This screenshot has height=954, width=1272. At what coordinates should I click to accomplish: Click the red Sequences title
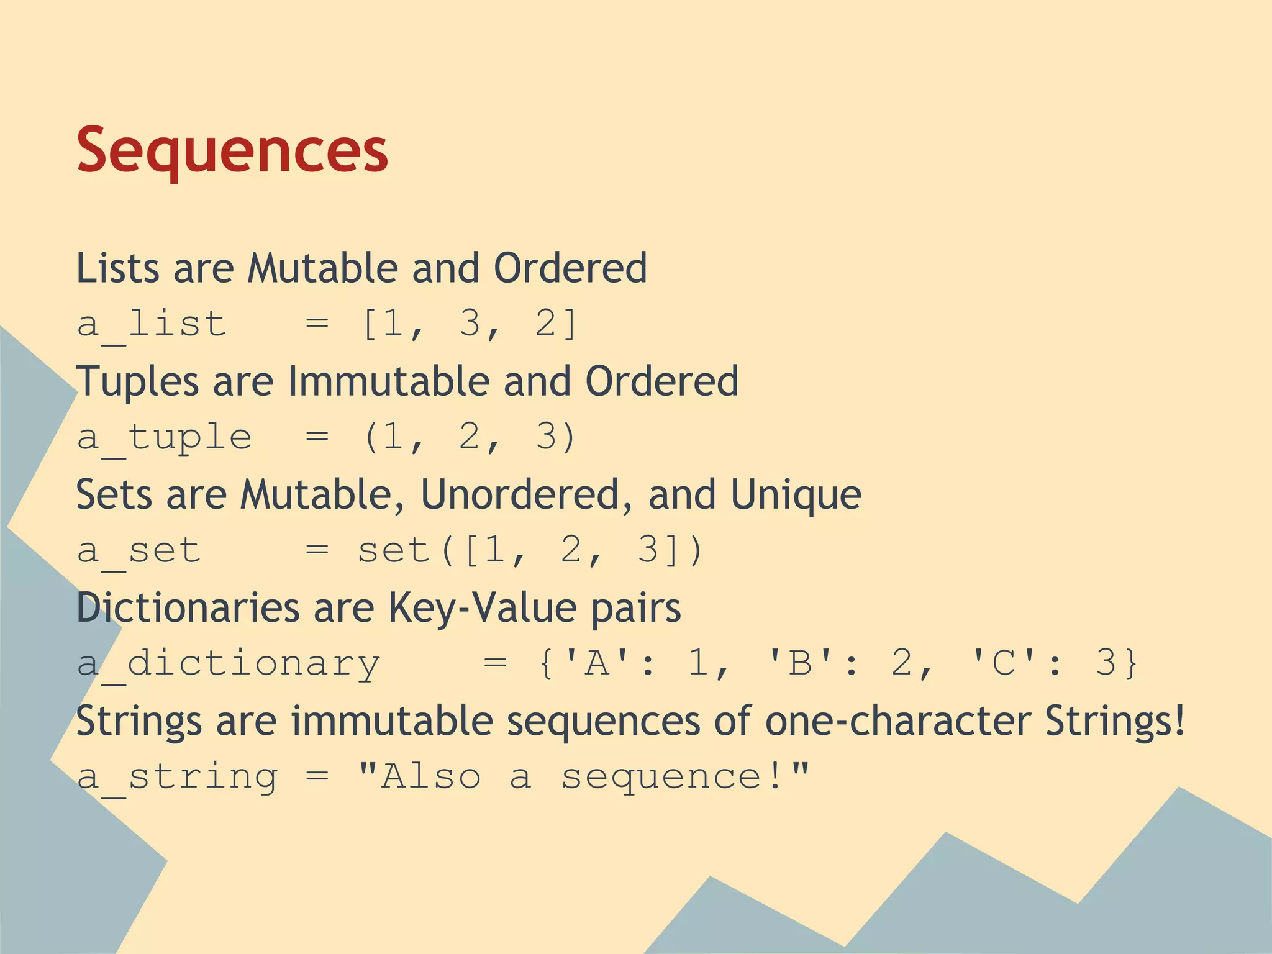(x=232, y=151)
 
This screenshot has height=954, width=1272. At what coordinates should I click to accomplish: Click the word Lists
(x=116, y=268)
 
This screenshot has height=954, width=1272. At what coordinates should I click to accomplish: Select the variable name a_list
(x=152, y=324)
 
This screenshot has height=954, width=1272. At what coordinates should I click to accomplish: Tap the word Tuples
(x=137, y=381)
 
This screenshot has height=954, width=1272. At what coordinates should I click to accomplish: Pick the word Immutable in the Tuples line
(x=388, y=381)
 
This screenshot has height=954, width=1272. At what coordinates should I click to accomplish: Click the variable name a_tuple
(x=165, y=437)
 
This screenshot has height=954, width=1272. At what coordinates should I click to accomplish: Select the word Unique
(x=796, y=495)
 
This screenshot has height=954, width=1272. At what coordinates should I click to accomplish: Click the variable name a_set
(x=139, y=551)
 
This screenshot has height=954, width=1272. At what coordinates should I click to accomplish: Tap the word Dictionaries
(x=188, y=608)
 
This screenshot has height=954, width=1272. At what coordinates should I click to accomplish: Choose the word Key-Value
(x=482, y=608)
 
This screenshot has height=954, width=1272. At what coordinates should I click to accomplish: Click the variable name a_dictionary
(x=229, y=664)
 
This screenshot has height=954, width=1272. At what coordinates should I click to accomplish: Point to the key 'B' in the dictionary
(x=800, y=663)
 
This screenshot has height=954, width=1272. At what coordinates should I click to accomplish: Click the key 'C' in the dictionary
(x=1004, y=663)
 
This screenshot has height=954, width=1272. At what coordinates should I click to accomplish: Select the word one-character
(x=897, y=721)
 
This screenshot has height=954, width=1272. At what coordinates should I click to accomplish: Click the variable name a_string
(x=177, y=778)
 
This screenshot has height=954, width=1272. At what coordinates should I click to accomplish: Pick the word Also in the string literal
(x=430, y=776)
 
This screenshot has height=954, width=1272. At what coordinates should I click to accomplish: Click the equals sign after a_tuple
(x=317, y=437)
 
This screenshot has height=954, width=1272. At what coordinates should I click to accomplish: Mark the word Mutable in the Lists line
(x=322, y=268)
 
